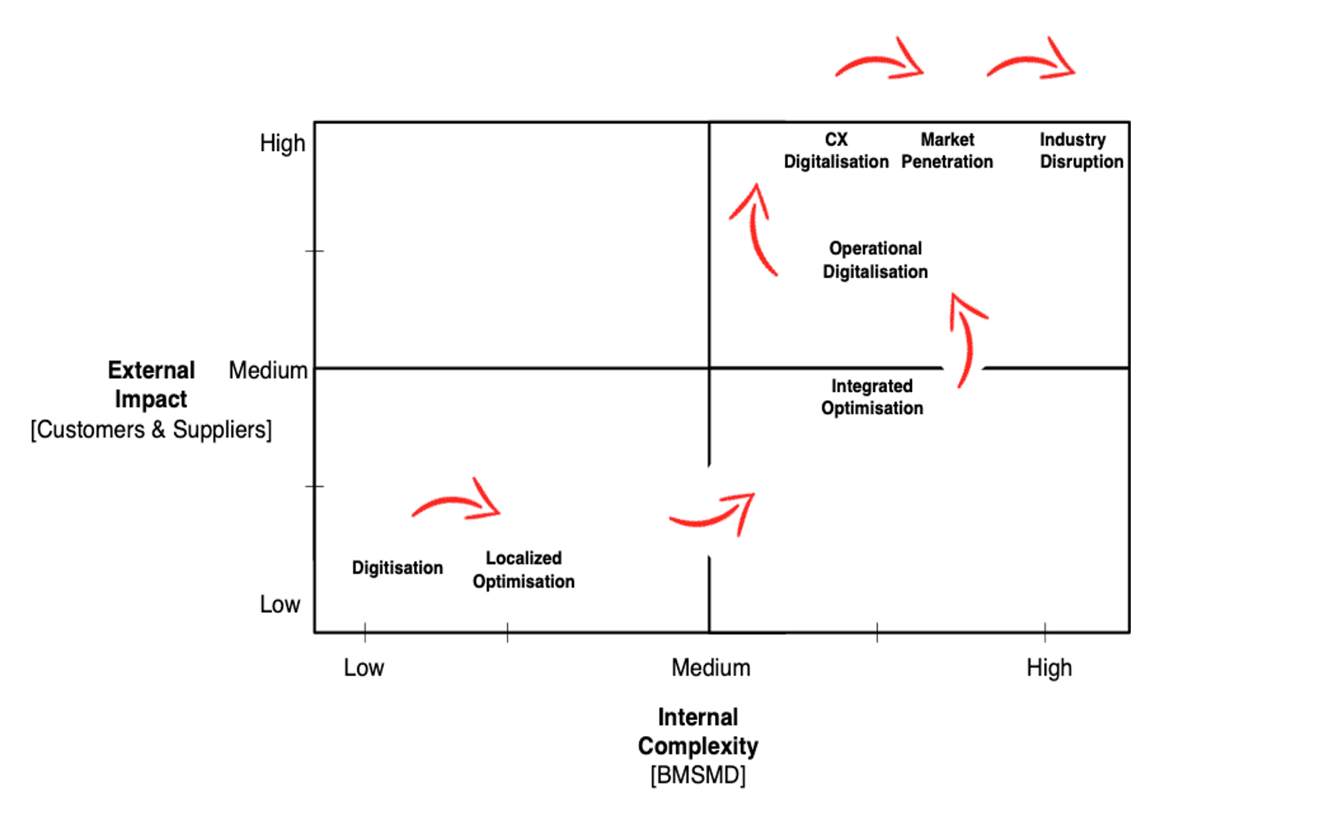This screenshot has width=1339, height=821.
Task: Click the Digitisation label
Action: point(397,568)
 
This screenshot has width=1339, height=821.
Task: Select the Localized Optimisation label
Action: point(524,570)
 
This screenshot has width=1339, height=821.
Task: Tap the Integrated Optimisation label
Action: point(872,397)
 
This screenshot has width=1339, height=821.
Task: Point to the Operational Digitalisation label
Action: point(875,260)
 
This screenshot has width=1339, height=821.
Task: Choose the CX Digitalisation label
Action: point(836,151)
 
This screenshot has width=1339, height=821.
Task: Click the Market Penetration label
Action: point(947,151)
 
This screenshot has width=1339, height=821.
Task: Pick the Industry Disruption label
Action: point(1081,151)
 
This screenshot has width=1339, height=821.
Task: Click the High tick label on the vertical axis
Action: point(282,143)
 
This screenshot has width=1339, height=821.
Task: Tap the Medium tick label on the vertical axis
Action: point(268,370)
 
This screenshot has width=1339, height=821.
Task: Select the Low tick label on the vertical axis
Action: point(279,605)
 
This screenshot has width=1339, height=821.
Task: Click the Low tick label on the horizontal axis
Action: point(364,668)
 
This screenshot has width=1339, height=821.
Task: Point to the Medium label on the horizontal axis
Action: point(711,668)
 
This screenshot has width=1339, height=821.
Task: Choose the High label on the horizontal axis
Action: point(1049,668)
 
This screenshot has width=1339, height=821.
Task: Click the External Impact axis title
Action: point(151,385)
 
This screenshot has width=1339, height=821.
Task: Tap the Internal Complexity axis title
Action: point(698,732)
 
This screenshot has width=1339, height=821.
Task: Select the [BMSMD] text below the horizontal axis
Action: point(698,775)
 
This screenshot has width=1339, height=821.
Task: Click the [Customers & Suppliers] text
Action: point(151,430)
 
